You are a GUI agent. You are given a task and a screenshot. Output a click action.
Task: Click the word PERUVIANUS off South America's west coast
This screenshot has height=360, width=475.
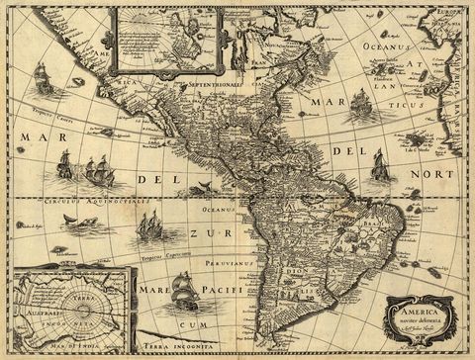tap(240, 266)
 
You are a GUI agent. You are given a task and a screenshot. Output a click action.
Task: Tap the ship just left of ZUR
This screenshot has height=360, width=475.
tap(148, 226)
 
